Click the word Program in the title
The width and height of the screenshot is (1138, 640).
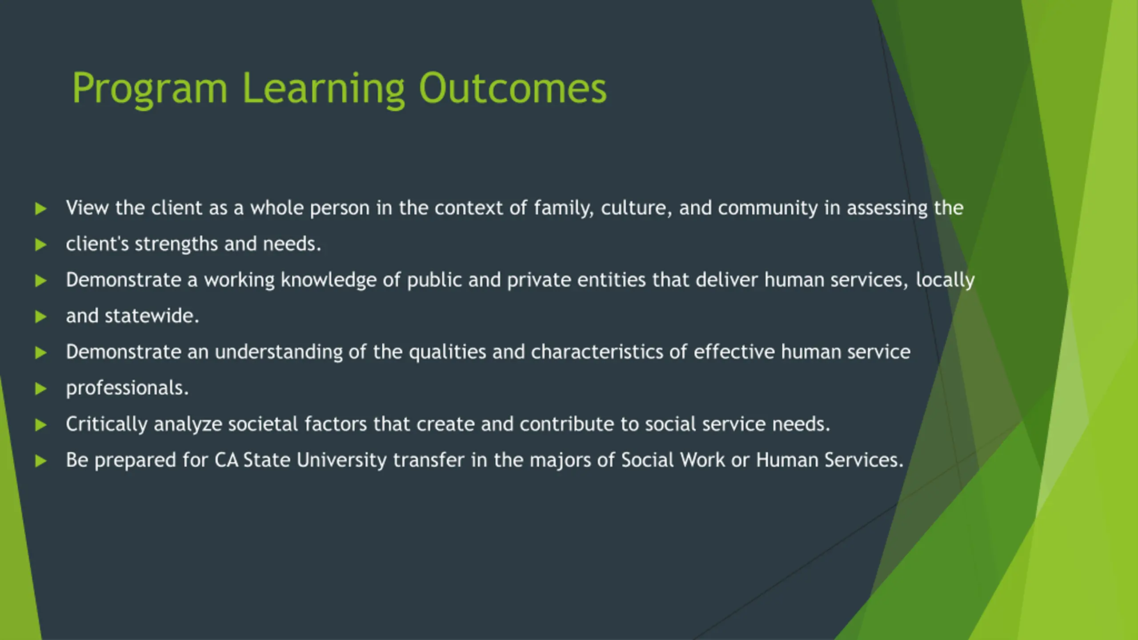[150, 89]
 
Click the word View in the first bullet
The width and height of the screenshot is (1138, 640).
[88, 208]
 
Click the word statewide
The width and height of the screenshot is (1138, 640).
[152, 316]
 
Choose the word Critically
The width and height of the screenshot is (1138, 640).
[107, 424]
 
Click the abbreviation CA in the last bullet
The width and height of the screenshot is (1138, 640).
[227, 460]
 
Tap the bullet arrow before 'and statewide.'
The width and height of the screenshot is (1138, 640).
[41, 317]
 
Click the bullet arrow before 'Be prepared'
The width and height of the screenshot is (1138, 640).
[41, 461]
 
